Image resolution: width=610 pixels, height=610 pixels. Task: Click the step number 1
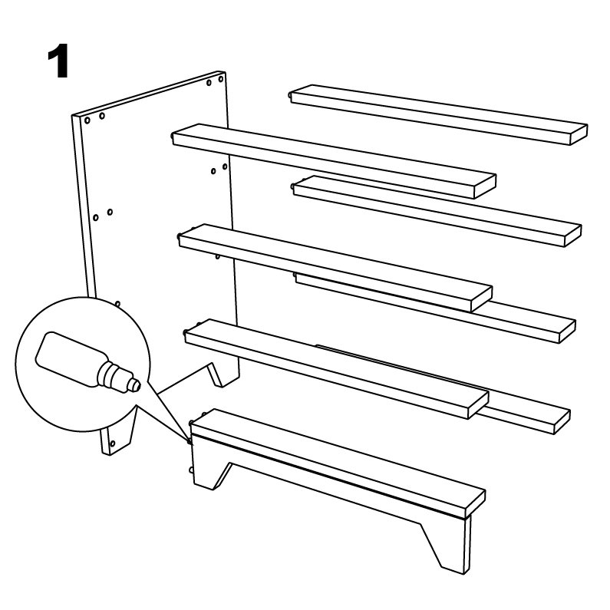coord(58,61)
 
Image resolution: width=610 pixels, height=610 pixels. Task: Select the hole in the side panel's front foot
coord(113,443)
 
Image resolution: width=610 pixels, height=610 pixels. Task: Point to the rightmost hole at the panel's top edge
coord(220,79)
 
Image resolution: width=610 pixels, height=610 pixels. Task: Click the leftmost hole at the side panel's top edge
coord(87,120)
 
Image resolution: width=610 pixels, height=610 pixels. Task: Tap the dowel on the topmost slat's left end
coord(290,95)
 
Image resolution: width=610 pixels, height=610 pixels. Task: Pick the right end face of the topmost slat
coord(579,134)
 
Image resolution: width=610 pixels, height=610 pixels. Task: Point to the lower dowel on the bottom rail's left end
coord(191,470)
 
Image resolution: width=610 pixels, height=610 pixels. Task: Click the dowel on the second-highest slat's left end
coord(173,137)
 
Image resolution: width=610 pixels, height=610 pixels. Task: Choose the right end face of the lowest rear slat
coord(562,422)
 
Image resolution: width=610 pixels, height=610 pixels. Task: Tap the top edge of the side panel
coord(148,94)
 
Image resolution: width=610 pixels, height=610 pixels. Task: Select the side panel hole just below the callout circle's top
coord(117,304)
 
